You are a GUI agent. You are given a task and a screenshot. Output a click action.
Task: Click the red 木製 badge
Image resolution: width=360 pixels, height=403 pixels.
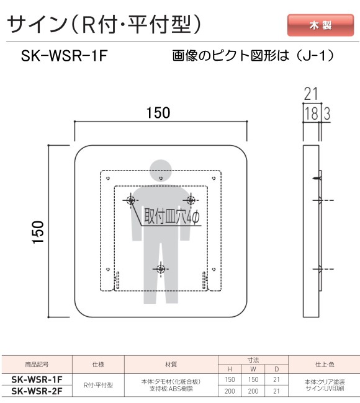[x=320, y=25]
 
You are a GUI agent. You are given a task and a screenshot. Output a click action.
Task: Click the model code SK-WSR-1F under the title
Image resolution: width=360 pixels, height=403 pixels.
[x=64, y=56]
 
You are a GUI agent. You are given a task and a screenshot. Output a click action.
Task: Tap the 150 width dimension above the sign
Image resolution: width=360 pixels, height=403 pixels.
[x=158, y=113]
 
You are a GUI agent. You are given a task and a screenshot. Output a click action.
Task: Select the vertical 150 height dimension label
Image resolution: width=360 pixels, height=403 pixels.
[x=38, y=232]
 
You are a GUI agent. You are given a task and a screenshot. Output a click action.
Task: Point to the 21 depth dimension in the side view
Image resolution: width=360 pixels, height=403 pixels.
[x=311, y=94]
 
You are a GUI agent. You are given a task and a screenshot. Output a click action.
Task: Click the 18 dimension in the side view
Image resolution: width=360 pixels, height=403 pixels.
[x=312, y=113]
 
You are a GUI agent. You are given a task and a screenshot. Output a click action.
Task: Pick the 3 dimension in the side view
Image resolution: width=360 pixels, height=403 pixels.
[x=327, y=113]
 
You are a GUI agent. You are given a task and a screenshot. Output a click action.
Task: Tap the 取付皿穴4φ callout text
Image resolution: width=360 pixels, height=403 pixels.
[x=172, y=216]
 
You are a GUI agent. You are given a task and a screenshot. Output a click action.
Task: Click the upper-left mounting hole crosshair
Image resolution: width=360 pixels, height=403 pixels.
[x=131, y=200]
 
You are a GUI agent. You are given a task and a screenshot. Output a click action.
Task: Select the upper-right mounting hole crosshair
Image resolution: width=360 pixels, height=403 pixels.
[x=191, y=200]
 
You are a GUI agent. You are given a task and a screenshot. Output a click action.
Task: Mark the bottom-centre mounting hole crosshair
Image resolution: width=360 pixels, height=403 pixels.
[x=161, y=269]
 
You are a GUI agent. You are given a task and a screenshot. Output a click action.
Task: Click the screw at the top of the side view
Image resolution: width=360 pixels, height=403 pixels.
[x=318, y=178]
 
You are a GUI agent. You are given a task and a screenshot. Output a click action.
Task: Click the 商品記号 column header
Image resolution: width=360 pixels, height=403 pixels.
[x=37, y=364]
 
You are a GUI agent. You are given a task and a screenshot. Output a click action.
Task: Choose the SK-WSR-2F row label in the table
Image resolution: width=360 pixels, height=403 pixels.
[x=37, y=391]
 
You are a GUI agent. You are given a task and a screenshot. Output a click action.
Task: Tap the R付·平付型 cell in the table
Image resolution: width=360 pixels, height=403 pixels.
[x=98, y=385]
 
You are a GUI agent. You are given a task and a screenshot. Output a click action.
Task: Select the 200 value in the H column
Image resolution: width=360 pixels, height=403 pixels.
[x=230, y=391]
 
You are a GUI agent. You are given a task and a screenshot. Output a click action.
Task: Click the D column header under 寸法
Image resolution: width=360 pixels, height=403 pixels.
[x=277, y=370]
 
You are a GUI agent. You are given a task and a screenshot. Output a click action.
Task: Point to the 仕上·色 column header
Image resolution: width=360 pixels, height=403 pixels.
[x=325, y=364]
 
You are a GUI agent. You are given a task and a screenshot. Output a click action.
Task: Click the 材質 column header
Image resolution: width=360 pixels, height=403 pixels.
[x=171, y=364]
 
